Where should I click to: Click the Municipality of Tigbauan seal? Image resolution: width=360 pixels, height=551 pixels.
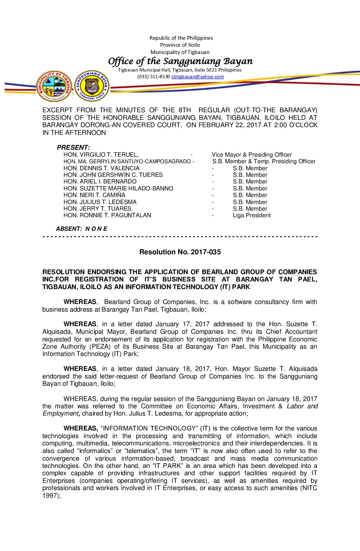pyautogui.click(x=54, y=86)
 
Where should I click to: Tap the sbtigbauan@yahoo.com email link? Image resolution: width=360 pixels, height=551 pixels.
pyautogui.click(x=197, y=76)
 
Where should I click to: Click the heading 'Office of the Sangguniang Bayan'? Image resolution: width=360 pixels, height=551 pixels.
pyautogui.click(x=180, y=61)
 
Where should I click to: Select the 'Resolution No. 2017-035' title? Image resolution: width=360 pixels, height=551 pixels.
pyautogui.click(x=180, y=252)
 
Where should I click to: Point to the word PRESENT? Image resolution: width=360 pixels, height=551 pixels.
pyautogui.click(x=73, y=147)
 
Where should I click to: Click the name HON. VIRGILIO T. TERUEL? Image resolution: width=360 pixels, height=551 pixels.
pyautogui.click(x=101, y=155)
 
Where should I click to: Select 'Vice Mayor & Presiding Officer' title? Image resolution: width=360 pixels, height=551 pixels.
pyautogui.click(x=251, y=155)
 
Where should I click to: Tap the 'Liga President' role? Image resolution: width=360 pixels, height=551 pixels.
pyautogui.click(x=251, y=216)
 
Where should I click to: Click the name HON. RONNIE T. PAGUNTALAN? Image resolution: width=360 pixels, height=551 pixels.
pyautogui.click(x=107, y=216)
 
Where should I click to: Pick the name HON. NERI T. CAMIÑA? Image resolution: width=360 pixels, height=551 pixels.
pyautogui.click(x=94, y=195)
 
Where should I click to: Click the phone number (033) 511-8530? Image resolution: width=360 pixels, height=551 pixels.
pyautogui.click(x=154, y=76)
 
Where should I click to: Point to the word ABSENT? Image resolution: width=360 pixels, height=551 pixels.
pyautogui.click(x=69, y=229)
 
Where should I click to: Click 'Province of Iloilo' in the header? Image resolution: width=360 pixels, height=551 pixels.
pyautogui.click(x=180, y=45)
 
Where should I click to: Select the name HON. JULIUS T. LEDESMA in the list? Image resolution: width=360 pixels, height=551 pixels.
pyautogui.click(x=100, y=202)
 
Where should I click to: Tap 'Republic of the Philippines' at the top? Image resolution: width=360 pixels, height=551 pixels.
pyautogui.click(x=181, y=38)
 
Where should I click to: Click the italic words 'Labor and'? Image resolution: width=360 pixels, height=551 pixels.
pyautogui.click(x=302, y=406)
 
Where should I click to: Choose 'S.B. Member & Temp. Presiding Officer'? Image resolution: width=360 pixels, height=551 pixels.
pyautogui.click(x=264, y=161)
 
